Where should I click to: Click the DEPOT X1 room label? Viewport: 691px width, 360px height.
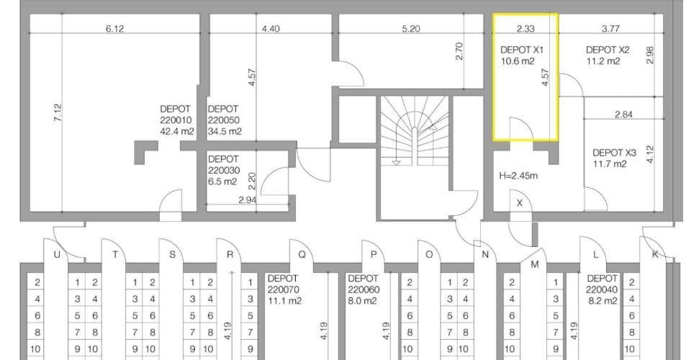[522, 50]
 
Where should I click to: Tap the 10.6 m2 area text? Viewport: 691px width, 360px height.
[518, 61]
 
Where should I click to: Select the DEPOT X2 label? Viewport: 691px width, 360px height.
[608, 50]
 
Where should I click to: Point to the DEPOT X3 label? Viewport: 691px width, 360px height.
[614, 153]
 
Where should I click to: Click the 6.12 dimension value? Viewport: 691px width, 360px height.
[114, 29]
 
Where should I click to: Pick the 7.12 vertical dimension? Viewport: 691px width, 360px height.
[58, 113]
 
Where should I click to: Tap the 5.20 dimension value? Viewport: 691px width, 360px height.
[411, 29]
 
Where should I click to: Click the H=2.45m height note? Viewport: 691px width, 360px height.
[518, 176]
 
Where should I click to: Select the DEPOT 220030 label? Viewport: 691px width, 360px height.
[223, 164]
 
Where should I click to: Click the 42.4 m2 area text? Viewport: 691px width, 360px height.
[177, 131]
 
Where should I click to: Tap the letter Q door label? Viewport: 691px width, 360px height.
[302, 254]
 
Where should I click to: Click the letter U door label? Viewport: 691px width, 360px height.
[57, 254]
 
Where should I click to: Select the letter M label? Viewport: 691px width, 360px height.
[535, 264]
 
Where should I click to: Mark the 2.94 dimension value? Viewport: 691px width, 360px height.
[247, 199]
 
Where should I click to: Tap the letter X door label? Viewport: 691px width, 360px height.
[520, 203]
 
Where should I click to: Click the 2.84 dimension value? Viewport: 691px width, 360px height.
[623, 114]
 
